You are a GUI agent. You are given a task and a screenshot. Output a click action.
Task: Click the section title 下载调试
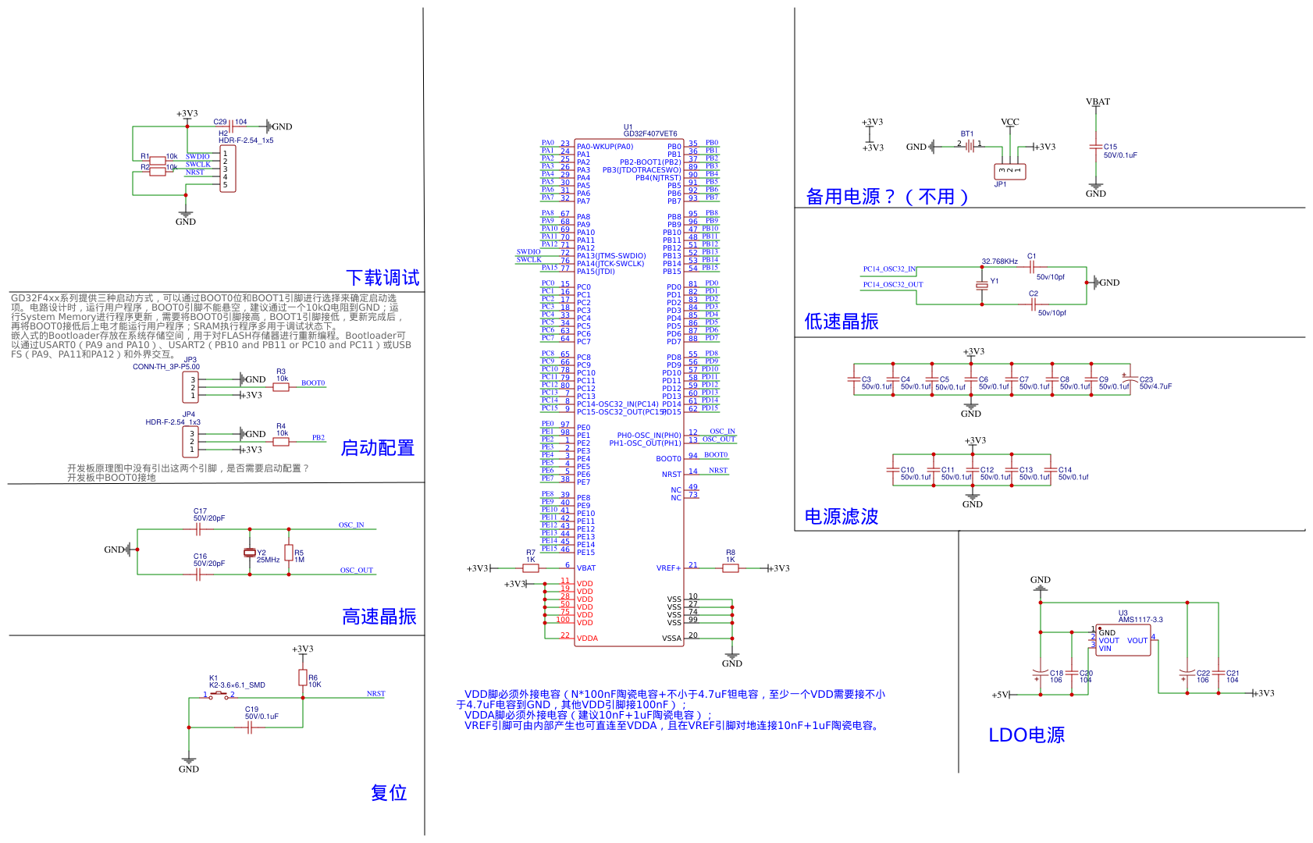coord(383,278)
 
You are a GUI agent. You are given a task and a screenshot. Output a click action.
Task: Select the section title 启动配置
coord(377,448)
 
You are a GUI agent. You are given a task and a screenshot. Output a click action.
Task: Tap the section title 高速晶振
coord(379,617)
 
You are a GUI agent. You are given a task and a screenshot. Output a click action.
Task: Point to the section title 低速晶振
coord(842,322)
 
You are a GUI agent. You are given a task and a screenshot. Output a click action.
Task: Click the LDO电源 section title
coord(1027,735)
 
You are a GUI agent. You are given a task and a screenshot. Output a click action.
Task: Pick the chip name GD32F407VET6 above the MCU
coord(649,133)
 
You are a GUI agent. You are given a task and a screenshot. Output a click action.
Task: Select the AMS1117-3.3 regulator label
coord(1140,620)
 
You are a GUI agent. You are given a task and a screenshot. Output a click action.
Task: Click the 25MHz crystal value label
coord(268,560)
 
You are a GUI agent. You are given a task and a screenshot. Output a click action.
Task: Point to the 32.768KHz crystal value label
coord(999,261)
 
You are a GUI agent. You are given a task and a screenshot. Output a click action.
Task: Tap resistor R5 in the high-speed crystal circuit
coord(289,553)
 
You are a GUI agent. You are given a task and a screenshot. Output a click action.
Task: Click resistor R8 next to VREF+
coord(730,568)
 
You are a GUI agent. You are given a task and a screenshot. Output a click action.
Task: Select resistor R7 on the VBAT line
coord(531,568)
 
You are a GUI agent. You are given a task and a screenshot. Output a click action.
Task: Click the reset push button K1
coord(219,695)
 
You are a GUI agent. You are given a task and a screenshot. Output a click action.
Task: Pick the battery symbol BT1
coord(970,145)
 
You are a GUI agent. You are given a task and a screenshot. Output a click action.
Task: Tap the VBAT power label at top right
coord(1098,102)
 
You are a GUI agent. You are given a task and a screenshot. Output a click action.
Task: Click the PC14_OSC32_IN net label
coord(889,269)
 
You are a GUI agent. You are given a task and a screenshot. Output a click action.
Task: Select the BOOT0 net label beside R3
coord(313,383)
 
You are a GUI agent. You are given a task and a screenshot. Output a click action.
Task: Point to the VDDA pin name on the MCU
coord(587,638)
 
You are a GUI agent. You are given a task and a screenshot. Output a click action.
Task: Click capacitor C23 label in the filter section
coord(1146,380)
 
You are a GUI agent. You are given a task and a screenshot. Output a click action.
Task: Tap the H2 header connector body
coord(227,169)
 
